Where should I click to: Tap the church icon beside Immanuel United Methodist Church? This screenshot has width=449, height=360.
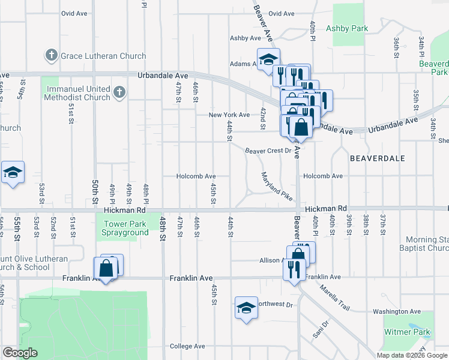(x=119, y=92)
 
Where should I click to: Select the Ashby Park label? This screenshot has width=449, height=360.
(x=347, y=28)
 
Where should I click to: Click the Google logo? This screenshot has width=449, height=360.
(x=20, y=353)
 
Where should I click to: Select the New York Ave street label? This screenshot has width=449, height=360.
(x=229, y=115)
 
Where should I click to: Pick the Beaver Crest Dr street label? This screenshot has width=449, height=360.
(x=268, y=151)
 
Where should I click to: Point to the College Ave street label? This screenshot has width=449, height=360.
(x=188, y=346)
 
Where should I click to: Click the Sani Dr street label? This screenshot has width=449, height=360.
(x=318, y=328)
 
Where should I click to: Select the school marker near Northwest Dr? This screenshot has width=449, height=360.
(x=246, y=308)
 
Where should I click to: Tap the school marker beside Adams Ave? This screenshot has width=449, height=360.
(x=268, y=59)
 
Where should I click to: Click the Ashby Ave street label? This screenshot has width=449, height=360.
(x=246, y=38)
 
